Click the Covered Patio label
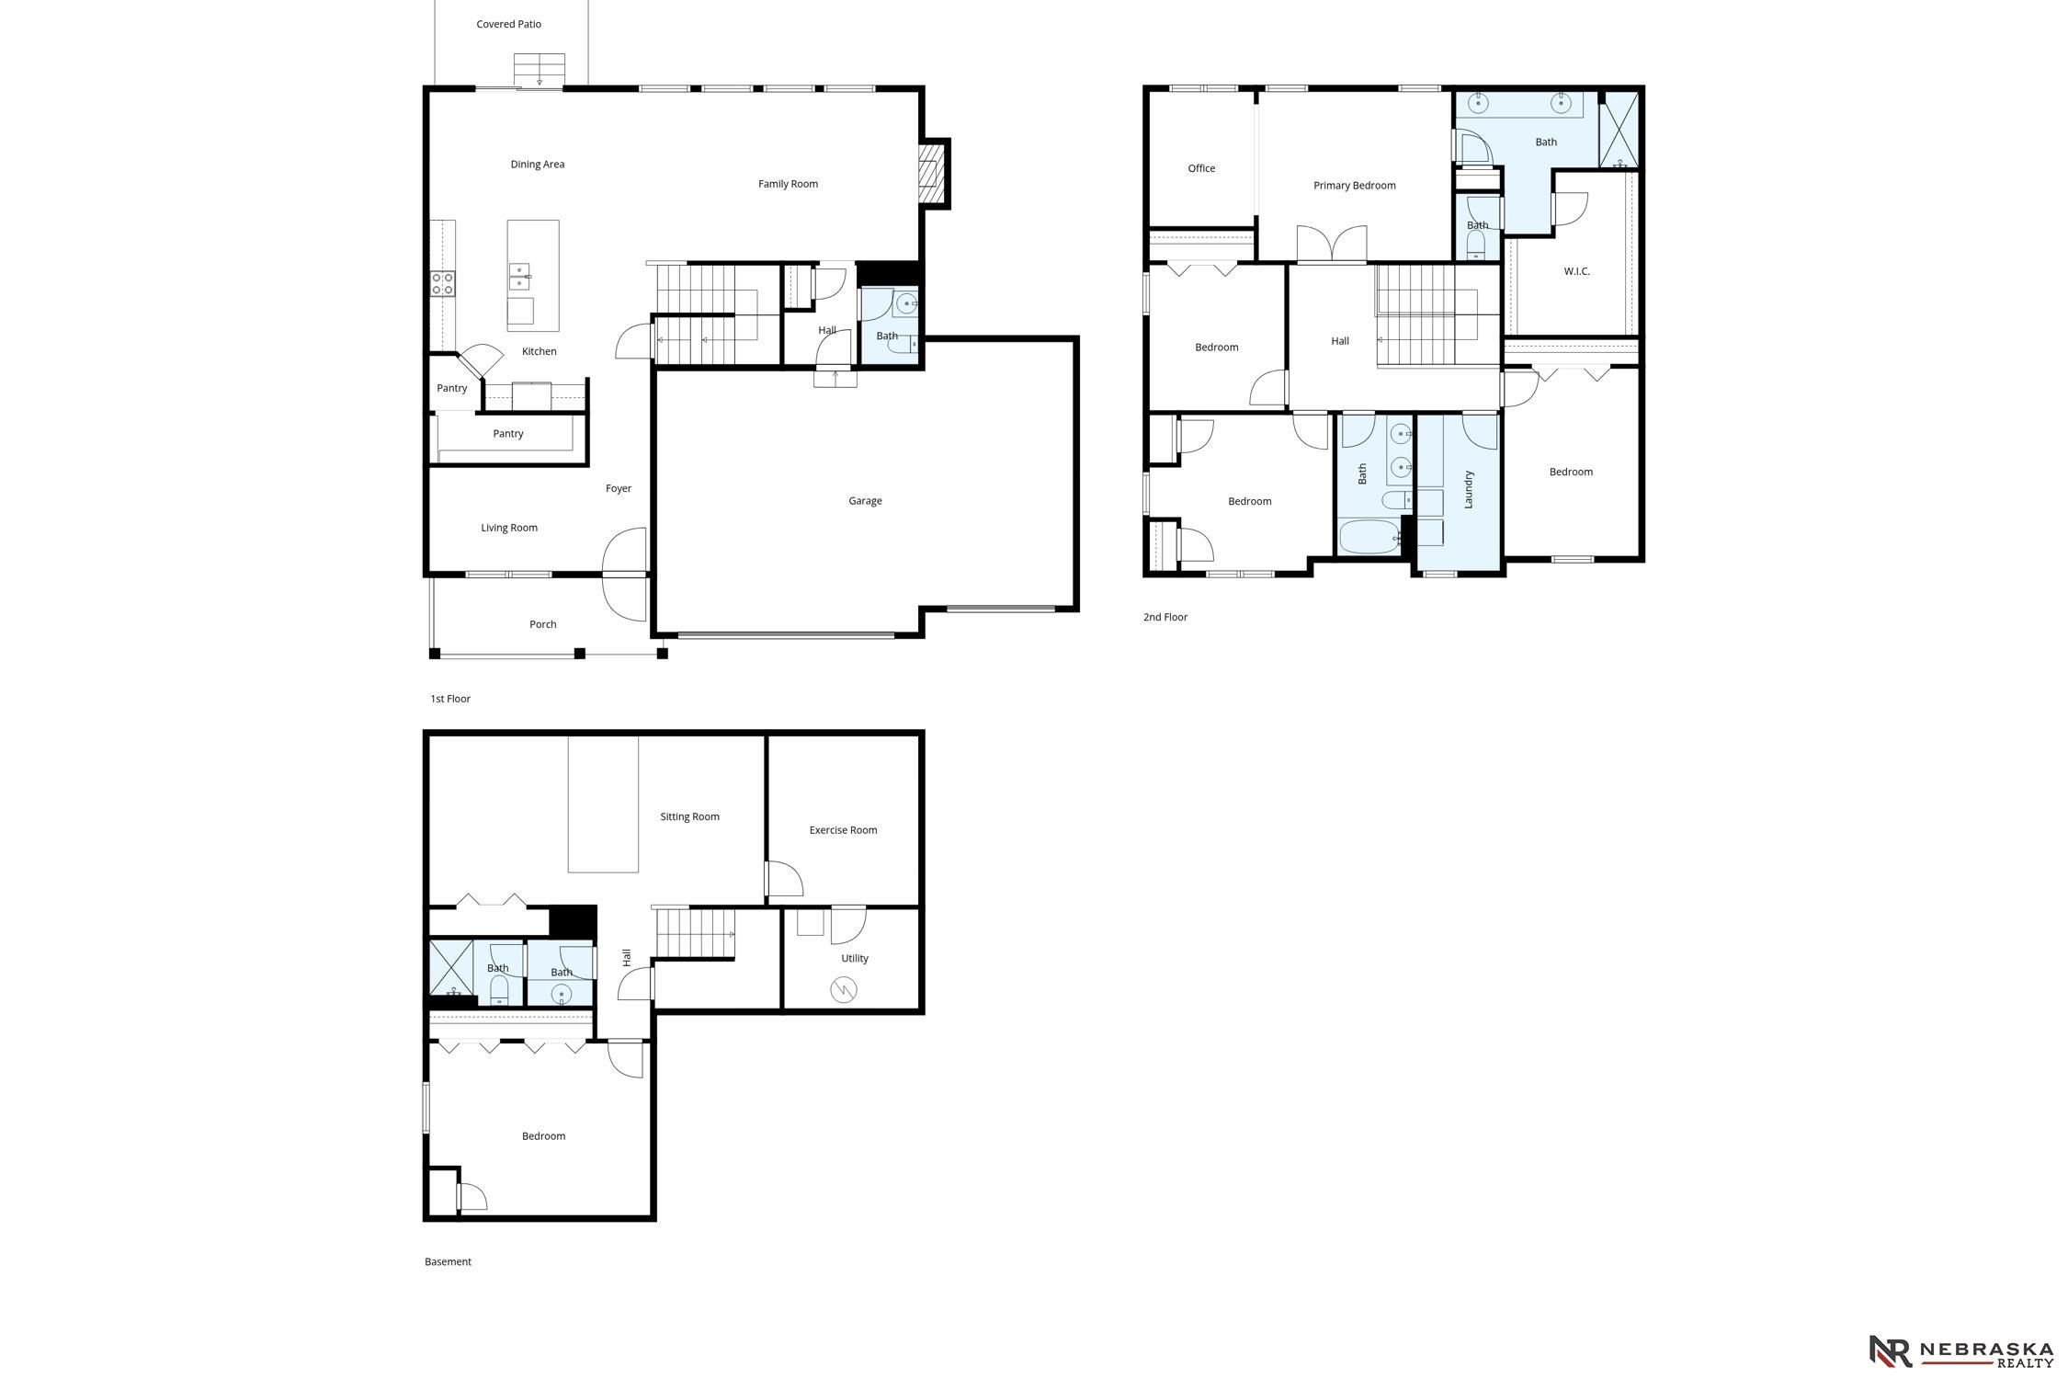click(508, 24)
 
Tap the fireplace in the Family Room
click(933, 173)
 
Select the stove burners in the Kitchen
click(442, 283)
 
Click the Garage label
click(865, 501)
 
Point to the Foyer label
click(619, 488)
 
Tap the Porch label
click(543, 624)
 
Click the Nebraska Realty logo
click(1961, 1351)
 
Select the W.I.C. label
click(1576, 271)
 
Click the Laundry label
click(1469, 489)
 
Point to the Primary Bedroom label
click(1354, 186)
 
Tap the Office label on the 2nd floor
click(1201, 168)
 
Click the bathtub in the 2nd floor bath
click(1369, 537)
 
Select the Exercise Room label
click(843, 830)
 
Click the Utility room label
click(855, 958)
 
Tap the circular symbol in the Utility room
click(843, 989)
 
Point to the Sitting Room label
click(689, 816)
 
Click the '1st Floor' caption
click(450, 699)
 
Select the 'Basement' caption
click(448, 1261)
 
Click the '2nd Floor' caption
click(1165, 617)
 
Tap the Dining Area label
click(538, 165)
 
